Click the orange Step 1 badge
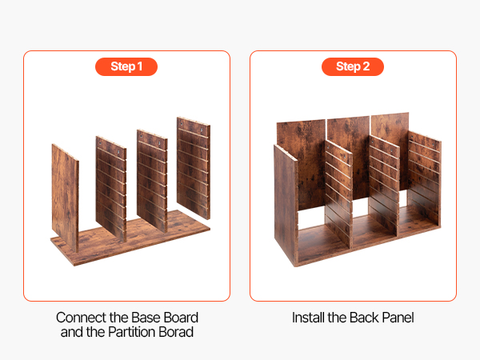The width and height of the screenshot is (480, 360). point(126,66)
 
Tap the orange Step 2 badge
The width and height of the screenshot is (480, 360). point(353,66)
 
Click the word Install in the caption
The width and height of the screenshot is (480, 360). point(308,318)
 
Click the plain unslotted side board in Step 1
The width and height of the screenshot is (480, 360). point(65,198)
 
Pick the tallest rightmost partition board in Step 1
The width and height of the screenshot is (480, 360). point(194,168)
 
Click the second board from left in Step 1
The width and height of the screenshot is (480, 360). point(111,188)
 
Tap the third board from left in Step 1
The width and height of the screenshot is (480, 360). point(152,181)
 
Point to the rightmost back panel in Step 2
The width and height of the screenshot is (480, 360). point(390,151)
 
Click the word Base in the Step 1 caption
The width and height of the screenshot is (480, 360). point(147,318)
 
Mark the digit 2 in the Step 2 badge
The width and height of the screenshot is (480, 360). point(366,66)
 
